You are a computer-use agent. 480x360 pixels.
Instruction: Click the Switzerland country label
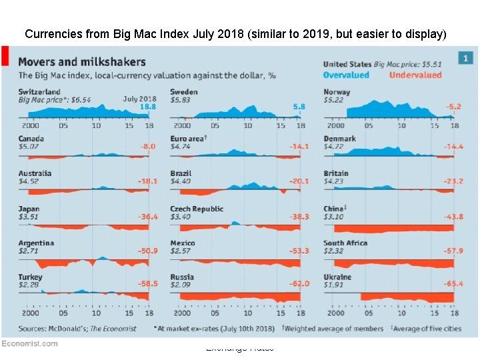39,91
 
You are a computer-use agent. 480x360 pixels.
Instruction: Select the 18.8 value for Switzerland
148,107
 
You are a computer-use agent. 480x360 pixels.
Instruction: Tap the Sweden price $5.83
180,99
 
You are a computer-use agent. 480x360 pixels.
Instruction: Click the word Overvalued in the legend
347,75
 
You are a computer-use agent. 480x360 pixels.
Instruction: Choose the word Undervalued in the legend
415,75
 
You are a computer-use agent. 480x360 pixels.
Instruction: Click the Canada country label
31,139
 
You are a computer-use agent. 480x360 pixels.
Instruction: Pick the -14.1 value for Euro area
299,147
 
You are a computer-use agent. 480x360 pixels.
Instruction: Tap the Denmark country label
339,139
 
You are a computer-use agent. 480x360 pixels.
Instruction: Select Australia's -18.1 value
147,181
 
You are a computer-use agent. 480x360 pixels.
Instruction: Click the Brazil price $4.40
180,181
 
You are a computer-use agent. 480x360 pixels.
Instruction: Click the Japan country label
29,209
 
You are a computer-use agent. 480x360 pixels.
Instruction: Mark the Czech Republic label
197,209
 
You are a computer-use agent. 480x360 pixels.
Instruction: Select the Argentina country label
36,243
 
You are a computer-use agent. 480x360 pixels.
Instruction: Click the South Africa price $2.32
333,251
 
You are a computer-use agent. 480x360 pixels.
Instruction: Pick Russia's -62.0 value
299,284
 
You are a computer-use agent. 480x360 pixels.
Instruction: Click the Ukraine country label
337,277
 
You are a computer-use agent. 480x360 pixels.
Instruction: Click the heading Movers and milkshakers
82,61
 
